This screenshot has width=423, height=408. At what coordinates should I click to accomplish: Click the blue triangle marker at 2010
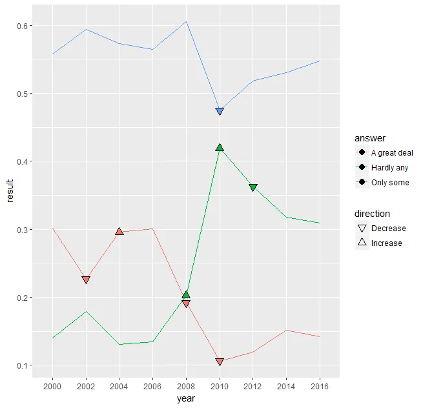(x=220, y=112)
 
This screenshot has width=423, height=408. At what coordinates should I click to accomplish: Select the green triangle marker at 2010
(x=220, y=148)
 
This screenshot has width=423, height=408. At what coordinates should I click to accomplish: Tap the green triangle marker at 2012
(x=253, y=187)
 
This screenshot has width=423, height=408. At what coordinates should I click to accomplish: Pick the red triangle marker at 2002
(x=86, y=280)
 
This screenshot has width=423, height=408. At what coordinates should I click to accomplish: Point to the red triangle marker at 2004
(x=119, y=231)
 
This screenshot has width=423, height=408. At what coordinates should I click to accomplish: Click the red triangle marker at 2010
(x=220, y=362)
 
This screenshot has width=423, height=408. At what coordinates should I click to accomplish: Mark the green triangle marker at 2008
(x=186, y=295)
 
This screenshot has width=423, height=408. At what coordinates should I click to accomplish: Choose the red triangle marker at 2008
(x=186, y=303)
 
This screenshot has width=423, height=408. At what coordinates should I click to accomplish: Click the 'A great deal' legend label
(x=392, y=153)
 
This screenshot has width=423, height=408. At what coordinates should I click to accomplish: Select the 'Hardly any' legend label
(x=389, y=168)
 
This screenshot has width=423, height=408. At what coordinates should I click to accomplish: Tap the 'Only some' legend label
(x=390, y=183)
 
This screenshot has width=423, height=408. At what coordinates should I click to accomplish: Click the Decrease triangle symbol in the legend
(x=362, y=229)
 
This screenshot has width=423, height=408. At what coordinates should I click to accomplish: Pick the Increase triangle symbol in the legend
(x=362, y=243)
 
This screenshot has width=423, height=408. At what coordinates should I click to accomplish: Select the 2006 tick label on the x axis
(x=152, y=386)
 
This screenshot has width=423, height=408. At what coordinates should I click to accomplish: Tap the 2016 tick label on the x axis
(x=320, y=386)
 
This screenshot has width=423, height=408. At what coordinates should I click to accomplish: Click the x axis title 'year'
(x=186, y=399)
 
